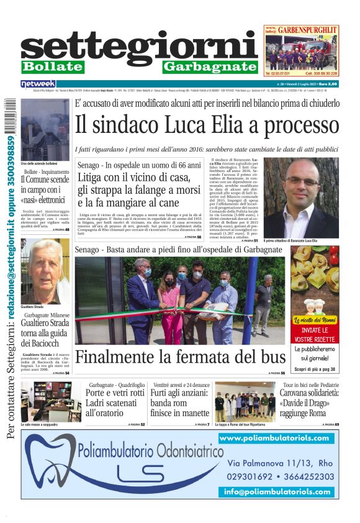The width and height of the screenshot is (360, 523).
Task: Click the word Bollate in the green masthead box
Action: coord(52,66)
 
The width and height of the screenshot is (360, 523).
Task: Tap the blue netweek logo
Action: coord(38,84)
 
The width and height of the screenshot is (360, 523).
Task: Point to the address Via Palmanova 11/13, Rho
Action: coord(281,463)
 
